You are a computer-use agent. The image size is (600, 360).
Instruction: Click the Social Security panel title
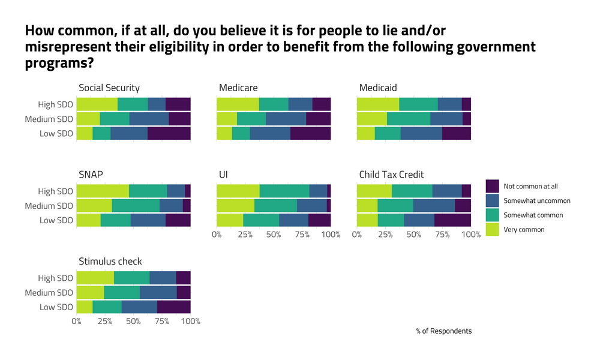[x=109, y=88]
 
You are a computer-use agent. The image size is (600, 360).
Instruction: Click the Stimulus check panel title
[x=110, y=261]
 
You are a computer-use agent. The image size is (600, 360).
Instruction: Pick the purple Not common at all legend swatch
[x=492, y=186]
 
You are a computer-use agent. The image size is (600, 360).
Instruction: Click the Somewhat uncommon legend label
[x=537, y=200]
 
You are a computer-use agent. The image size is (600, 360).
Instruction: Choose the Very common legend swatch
[x=492, y=229]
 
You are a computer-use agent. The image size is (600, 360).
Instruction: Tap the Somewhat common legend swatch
[x=492, y=215]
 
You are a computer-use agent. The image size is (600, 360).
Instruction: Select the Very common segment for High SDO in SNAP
[x=103, y=191]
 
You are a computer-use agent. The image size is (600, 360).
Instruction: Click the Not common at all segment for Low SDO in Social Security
[x=169, y=133]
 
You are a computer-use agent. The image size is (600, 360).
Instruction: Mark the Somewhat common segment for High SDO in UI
[x=284, y=191]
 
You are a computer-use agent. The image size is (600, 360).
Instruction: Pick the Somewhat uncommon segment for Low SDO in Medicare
[x=270, y=133]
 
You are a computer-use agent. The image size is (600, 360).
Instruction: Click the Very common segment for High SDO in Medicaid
[x=378, y=104]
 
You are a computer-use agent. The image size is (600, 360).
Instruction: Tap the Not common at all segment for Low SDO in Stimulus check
[x=174, y=307]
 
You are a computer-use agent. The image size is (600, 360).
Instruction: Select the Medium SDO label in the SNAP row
[x=49, y=206]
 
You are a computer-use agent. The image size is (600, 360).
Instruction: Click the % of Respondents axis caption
[x=443, y=331]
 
